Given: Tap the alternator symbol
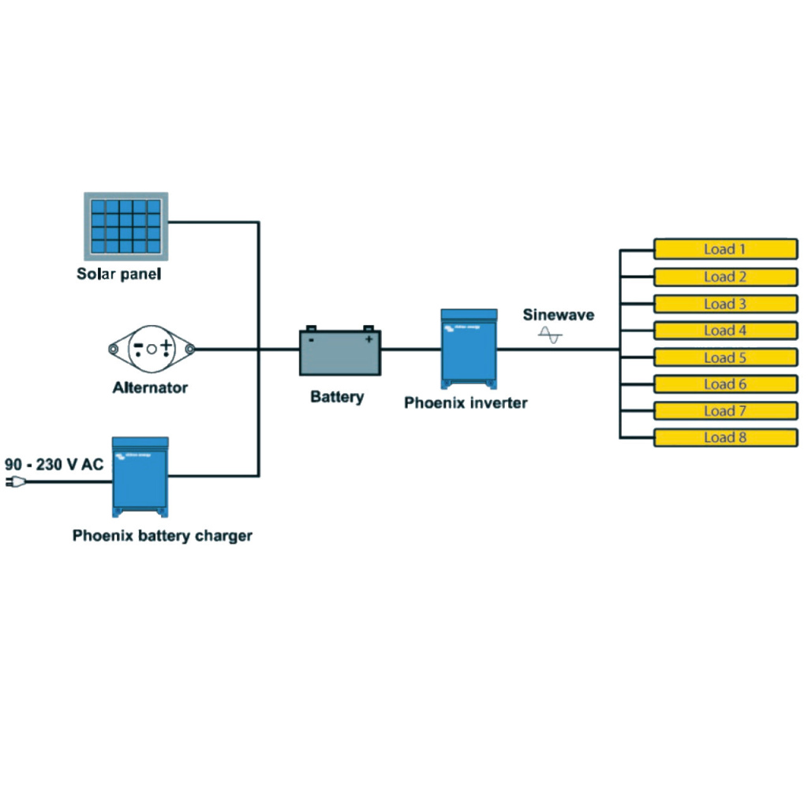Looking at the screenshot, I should (x=151, y=348).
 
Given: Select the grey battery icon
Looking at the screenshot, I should (x=340, y=352).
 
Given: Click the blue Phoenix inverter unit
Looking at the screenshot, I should (x=469, y=348).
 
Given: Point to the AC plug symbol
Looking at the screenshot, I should (x=11, y=482).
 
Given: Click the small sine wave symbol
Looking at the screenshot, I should (x=550, y=336).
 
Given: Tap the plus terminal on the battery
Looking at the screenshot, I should (x=368, y=339).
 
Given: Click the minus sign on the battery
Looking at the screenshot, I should (x=312, y=339).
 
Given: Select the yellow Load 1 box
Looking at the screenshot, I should (x=725, y=249).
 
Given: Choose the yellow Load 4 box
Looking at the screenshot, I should (x=725, y=331).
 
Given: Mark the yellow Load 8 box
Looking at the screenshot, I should (x=725, y=437).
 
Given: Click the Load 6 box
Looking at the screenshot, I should (x=725, y=384).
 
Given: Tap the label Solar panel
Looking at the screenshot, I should (x=118, y=275).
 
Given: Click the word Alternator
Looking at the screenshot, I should (x=150, y=387).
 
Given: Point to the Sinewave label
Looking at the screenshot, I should (x=559, y=315).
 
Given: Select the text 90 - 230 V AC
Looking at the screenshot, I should (x=54, y=465).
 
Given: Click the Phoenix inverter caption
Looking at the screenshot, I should (x=466, y=402).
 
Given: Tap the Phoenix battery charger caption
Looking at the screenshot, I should (x=163, y=536).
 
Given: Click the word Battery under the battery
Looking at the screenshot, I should (x=337, y=396).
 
